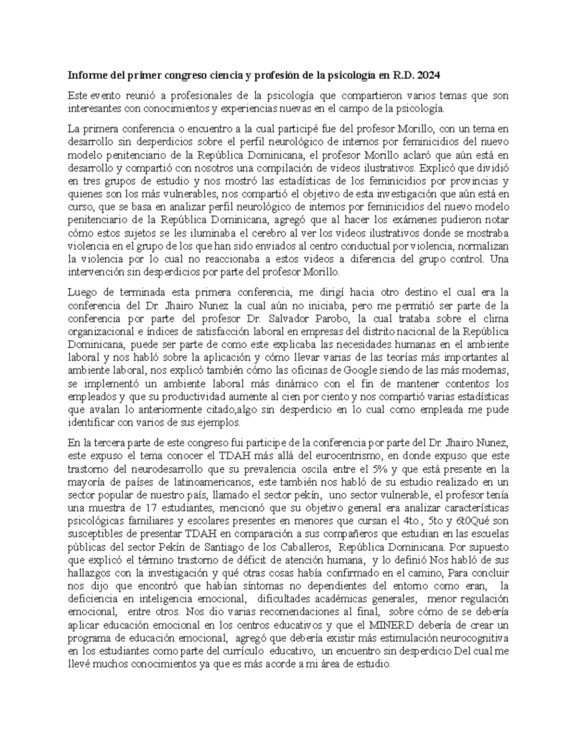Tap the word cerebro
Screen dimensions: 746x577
pos(269,233)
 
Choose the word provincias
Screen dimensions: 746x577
pos(464,182)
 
